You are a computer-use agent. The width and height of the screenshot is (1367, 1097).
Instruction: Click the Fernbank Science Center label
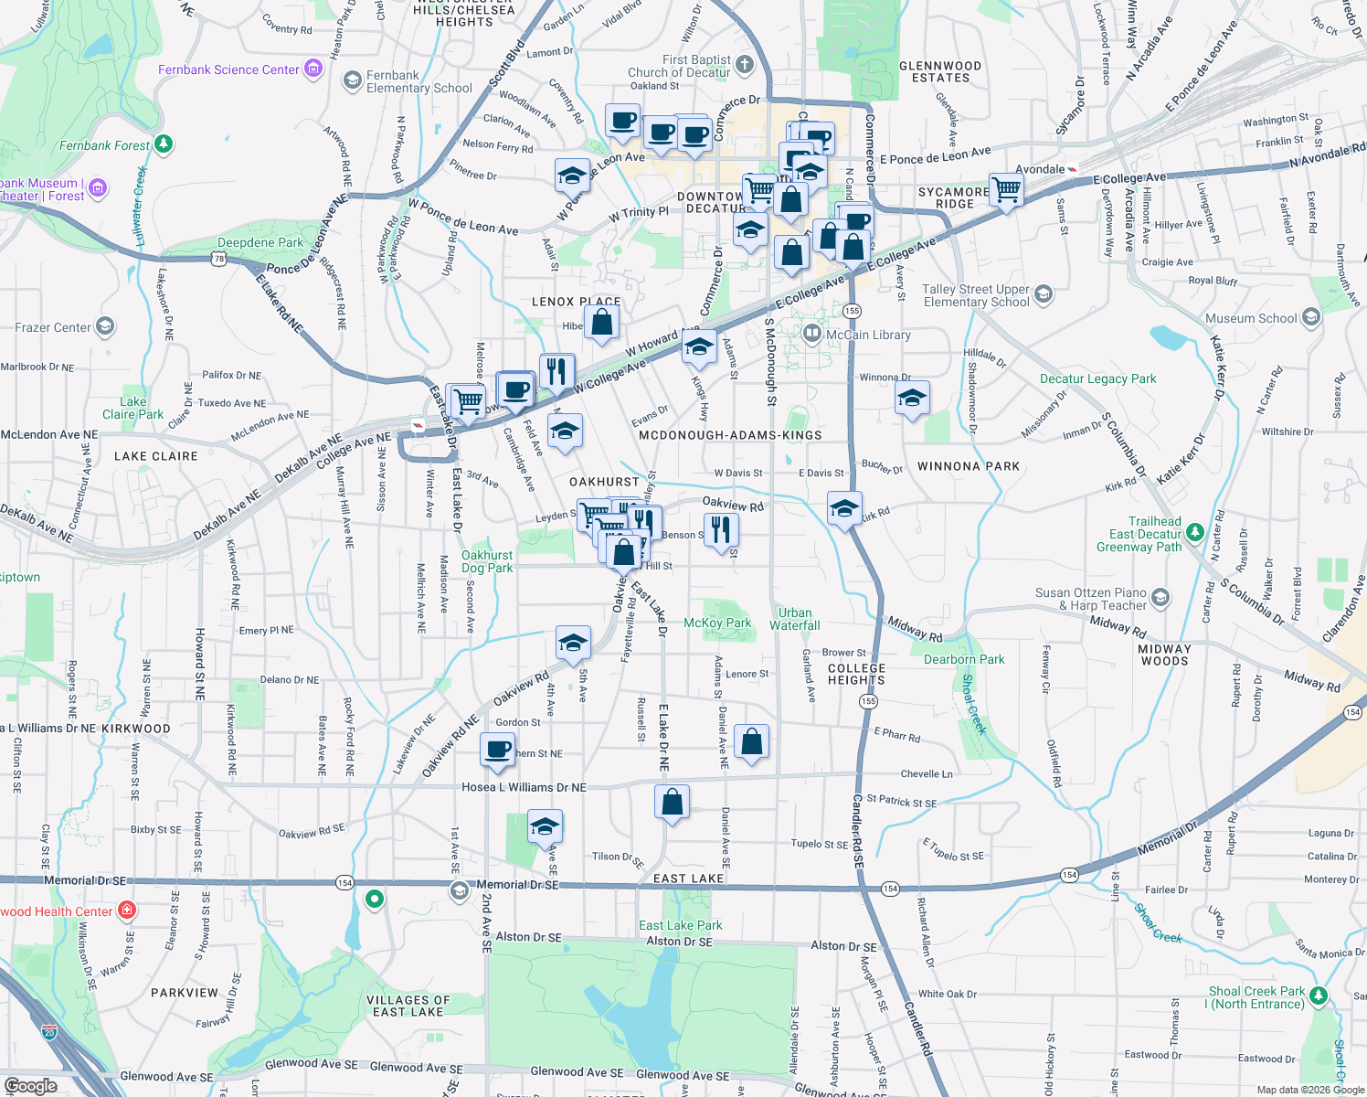228,69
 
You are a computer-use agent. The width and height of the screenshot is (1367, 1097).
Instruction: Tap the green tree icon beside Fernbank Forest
164,144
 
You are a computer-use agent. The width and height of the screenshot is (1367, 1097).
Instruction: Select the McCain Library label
868,335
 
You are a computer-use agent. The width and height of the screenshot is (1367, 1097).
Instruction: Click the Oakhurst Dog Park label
487,561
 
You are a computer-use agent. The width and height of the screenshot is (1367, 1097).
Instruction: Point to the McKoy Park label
717,623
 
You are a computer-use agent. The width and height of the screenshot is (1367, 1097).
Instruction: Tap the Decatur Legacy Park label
1097,378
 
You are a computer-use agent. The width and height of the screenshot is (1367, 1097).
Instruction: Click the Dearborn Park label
964,659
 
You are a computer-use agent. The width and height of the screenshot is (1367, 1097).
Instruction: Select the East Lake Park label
680,925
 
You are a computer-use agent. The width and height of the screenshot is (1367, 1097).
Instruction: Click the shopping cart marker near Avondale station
1006,190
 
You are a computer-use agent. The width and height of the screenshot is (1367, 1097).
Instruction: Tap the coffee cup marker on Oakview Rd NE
498,750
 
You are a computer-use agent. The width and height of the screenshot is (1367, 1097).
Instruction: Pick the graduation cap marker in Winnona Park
912,399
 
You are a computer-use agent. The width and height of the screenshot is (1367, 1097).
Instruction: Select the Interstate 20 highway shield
49,1032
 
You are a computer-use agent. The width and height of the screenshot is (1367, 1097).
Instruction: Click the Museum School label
1251,318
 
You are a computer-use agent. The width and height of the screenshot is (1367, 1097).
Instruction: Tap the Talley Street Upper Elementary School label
976,295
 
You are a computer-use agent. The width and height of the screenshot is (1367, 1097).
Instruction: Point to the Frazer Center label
53,327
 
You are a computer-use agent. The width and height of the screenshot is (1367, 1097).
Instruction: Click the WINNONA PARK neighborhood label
969,466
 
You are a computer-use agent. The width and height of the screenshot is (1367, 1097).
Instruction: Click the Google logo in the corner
30,1085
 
